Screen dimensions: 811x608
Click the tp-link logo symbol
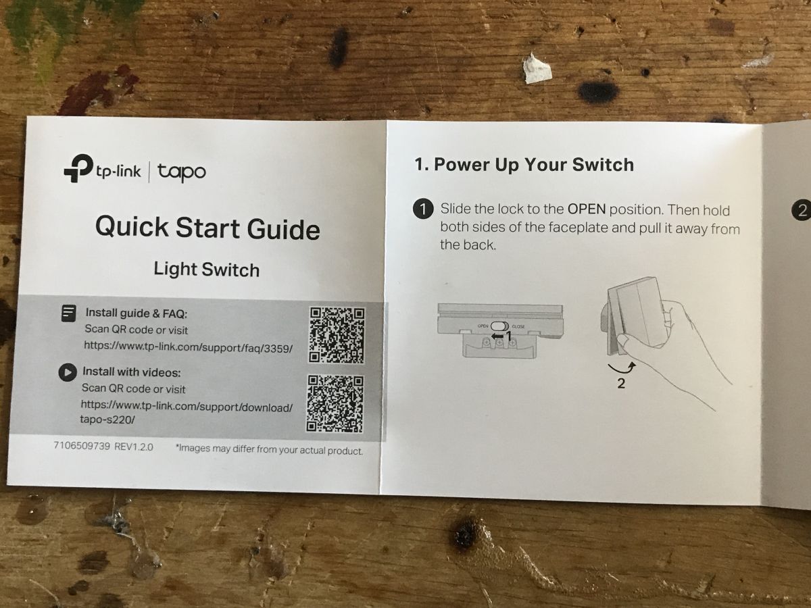(x=78, y=168)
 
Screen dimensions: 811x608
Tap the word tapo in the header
(x=181, y=172)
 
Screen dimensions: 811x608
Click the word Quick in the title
(x=132, y=226)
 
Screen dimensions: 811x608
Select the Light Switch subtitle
(x=207, y=270)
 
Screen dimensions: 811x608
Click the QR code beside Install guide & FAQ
(x=337, y=335)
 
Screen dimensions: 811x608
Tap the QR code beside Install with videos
(x=335, y=403)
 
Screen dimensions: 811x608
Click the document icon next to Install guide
(x=69, y=313)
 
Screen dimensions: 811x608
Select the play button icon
(x=68, y=372)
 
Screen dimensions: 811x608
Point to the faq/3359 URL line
(x=189, y=347)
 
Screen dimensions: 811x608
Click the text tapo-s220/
(x=107, y=420)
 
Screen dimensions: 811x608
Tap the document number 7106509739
(x=82, y=446)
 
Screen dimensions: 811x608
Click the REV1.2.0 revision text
(x=134, y=447)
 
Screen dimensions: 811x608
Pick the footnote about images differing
(x=270, y=450)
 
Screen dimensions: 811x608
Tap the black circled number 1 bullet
(x=423, y=209)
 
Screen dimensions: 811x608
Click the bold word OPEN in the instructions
(x=587, y=209)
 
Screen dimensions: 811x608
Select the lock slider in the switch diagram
(x=499, y=326)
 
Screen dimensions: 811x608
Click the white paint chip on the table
(x=537, y=69)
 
